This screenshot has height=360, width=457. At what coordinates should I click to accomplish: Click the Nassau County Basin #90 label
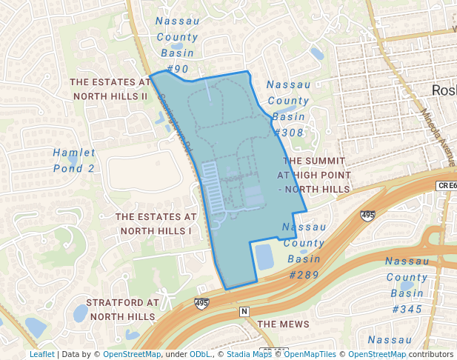pos(178,44)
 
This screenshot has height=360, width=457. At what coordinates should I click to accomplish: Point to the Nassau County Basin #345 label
pos(407,284)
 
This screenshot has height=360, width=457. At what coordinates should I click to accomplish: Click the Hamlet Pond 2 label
pos(74,160)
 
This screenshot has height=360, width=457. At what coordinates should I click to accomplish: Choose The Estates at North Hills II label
pos(109,90)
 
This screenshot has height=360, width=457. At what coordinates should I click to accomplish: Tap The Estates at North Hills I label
pos(156,224)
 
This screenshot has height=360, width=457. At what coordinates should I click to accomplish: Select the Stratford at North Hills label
pos(122,310)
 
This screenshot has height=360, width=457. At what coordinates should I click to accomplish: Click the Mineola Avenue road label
pos(439,136)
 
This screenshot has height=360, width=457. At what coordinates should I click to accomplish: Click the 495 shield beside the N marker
pos(201,303)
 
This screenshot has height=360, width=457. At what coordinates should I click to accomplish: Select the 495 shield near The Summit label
pos(367,215)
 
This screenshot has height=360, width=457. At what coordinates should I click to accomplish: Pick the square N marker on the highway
pos(244,312)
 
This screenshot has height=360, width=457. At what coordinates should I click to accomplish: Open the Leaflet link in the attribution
pos(41,354)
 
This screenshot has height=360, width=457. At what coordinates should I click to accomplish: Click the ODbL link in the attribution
pos(200,354)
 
